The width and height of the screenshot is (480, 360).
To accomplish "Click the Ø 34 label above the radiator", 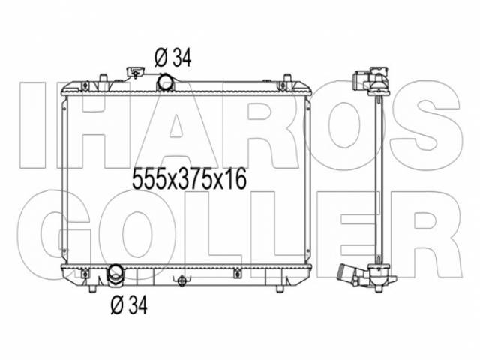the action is tap(173, 58).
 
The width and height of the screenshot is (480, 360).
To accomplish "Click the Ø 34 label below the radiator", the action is tap(129, 304).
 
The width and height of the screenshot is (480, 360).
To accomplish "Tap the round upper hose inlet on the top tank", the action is tap(165, 82).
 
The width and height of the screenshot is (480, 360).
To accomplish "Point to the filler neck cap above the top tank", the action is tap(135, 72).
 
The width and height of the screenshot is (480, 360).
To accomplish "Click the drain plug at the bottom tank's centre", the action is tap(181, 280).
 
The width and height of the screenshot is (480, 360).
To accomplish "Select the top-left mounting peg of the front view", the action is tap(103, 78).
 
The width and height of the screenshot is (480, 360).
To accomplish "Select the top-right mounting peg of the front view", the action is tap(286, 78).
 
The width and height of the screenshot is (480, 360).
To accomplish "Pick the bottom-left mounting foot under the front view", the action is tap(92, 289).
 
